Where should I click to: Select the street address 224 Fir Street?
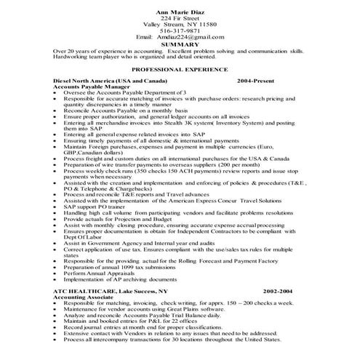180,17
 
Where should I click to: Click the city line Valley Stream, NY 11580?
180,24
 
